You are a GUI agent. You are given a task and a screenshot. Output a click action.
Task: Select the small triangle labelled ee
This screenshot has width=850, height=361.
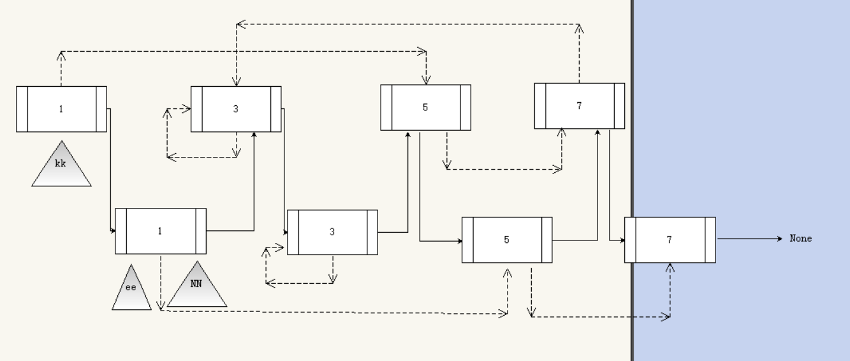[x=131, y=291]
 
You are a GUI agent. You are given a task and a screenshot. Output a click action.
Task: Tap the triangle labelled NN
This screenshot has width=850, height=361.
[x=196, y=286]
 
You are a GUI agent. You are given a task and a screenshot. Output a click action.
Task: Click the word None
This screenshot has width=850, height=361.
[x=801, y=239]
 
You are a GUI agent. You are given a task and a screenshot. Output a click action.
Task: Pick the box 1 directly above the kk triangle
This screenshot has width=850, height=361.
[x=61, y=109]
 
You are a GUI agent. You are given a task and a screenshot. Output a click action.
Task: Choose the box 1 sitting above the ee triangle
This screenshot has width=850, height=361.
[x=160, y=231]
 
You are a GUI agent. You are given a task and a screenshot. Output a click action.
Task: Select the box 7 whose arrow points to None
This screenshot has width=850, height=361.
[x=670, y=240]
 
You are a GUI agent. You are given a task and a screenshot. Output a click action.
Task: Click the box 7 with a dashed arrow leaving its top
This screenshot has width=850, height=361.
[x=579, y=106]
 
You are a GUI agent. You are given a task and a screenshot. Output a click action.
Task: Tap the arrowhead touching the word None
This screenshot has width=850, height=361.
[x=779, y=239]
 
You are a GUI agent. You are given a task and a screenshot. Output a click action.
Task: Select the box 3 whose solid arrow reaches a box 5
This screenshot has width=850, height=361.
[x=332, y=232]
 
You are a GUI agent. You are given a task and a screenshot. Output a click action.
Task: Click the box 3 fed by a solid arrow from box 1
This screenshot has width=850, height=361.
[x=236, y=109]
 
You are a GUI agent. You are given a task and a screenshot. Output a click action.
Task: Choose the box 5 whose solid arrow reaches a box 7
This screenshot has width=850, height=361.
[x=507, y=240]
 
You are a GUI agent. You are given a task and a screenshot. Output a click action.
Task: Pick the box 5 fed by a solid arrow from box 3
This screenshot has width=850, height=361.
[x=425, y=108]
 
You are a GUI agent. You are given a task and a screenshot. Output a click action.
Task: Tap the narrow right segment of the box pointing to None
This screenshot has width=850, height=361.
[x=710, y=240]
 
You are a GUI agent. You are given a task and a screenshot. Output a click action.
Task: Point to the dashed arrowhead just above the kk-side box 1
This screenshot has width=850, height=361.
[x=61, y=55]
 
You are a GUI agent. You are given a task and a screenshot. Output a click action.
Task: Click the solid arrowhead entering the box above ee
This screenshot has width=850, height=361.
[x=113, y=230]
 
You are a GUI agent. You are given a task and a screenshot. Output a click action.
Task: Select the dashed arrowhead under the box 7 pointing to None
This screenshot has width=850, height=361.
[x=670, y=267]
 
